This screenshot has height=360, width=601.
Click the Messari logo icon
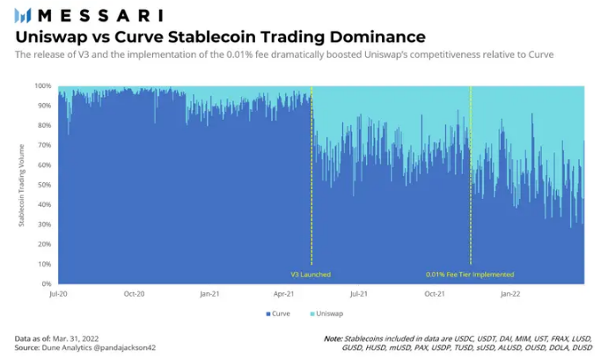[x=22, y=16]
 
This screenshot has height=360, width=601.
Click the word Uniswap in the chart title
[x=51, y=37]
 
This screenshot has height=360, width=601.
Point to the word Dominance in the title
[x=377, y=37]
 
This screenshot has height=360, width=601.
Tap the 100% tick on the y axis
[x=43, y=86]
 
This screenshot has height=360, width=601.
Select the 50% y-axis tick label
[x=45, y=185]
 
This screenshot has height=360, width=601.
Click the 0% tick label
[x=47, y=283]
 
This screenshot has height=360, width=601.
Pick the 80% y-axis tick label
[x=45, y=125]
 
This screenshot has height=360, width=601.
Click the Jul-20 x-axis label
[x=58, y=294]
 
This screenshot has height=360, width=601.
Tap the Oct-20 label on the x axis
[x=134, y=294]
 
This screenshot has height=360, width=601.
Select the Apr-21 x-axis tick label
[x=284, y=294]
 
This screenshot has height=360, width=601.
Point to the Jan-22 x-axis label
[x=510, y=294]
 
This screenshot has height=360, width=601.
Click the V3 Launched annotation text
[x=311, y=275]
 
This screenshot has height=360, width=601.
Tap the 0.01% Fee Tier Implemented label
[x=470, y=275]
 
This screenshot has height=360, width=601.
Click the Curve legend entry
[x=278, y=313]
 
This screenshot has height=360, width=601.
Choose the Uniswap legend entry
[x=326, y=313]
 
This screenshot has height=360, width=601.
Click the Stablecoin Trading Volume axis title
[x=21, y=185]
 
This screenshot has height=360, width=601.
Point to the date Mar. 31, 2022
[x=76, y=339]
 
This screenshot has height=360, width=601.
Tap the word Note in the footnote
[x=333, y=339]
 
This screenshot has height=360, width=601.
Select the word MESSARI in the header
[x=100, y=16]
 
